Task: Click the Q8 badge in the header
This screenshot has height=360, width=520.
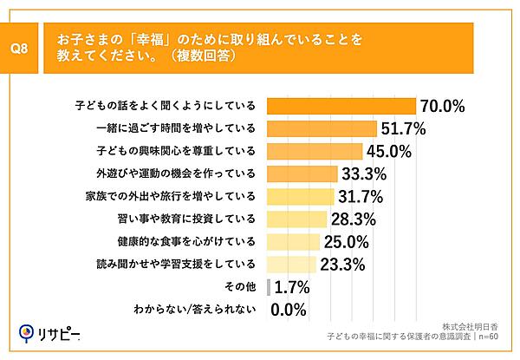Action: click(23, 49)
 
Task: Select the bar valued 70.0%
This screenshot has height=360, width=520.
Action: click(341, 106)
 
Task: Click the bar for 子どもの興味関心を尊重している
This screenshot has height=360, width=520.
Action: click(315, 151)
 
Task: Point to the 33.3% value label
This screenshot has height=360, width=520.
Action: click(363, 173)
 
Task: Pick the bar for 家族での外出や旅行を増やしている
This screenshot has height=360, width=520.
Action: click(302, 196)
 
